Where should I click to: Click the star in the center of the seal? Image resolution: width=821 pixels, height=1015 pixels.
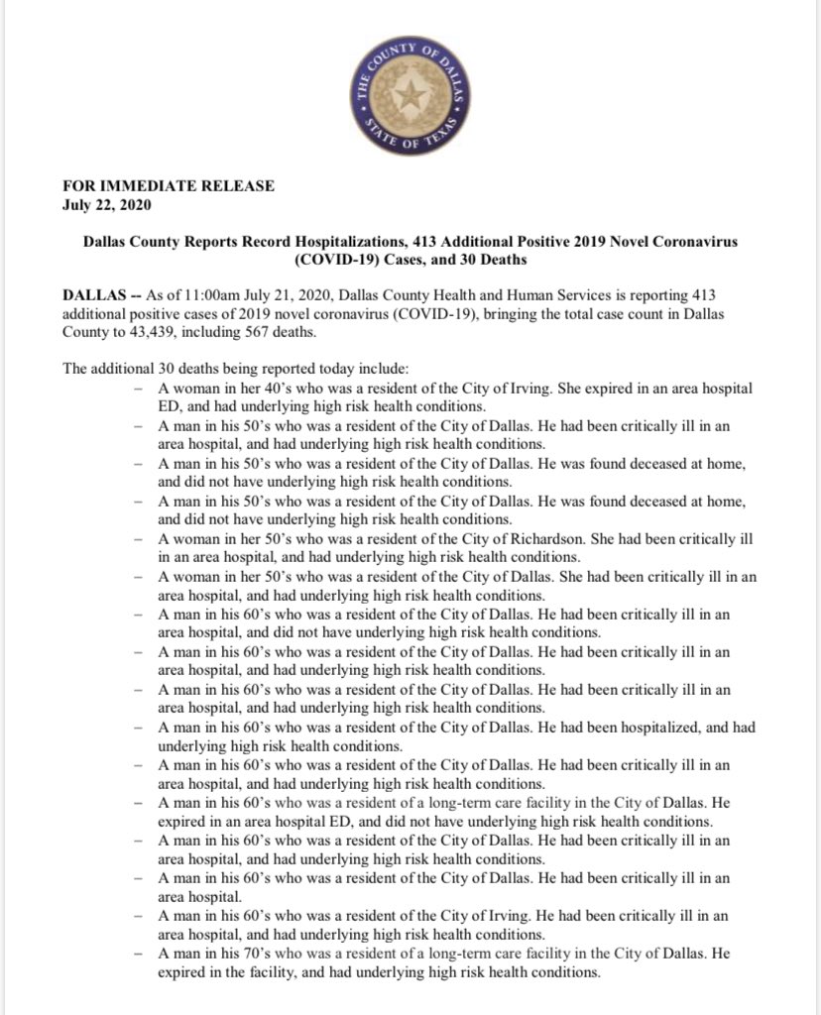[410, 96]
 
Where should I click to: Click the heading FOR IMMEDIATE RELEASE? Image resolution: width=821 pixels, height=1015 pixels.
[169, 185]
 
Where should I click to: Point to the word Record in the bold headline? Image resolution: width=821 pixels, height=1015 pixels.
[283, 242]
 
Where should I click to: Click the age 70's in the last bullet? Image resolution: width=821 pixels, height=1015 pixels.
[251, 954]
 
